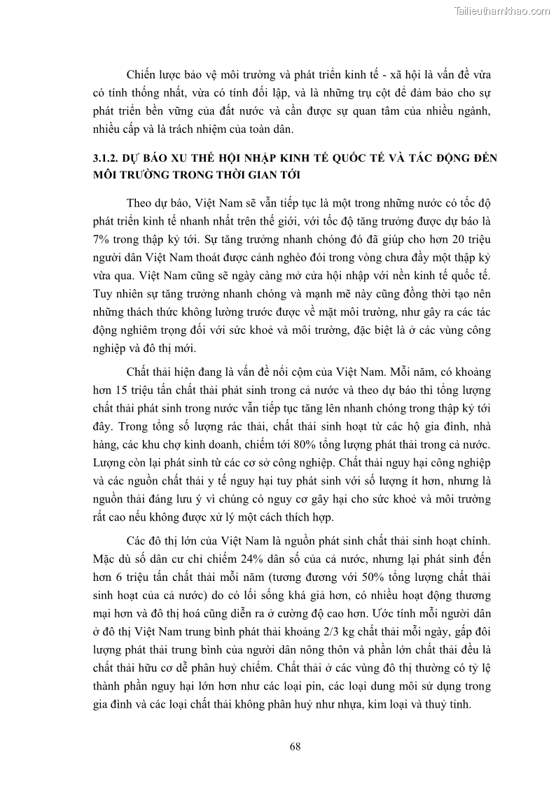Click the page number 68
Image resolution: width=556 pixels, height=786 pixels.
click(295, 747)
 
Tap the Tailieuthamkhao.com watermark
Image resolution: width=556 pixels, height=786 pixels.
click(501, 10)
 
